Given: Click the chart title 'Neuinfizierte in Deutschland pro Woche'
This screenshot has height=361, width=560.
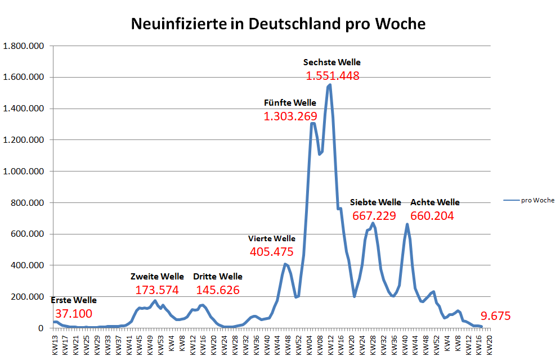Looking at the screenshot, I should (x=278, y=25).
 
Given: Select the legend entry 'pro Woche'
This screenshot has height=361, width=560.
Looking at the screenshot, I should (x=537, y=200).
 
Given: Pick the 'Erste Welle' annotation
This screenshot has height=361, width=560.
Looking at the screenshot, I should (x=74, y=300).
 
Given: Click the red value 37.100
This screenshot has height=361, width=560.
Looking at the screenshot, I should (x=74, y=314).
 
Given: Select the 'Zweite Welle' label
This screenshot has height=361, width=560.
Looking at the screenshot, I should (x=157, y=277).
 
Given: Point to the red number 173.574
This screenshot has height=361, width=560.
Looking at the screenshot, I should (x=157, y=290).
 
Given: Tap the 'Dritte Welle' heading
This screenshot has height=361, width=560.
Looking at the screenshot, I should (x=218, y=277).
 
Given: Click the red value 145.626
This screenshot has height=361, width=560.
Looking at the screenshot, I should (x=218, y=290).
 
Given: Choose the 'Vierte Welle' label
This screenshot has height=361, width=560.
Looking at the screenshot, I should (x=272, y=238).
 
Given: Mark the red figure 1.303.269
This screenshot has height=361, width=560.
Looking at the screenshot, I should (x=290, y=116).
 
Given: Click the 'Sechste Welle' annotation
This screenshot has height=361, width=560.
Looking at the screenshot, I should (x=332, y=62).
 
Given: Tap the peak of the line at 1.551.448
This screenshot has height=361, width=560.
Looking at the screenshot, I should (x=329, y=85).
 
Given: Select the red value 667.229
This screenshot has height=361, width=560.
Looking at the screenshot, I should (x=374, y=216).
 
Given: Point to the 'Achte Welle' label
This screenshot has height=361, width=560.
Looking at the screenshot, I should (x=435, y=202).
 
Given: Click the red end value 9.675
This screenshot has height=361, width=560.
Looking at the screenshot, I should (x=496, y=316).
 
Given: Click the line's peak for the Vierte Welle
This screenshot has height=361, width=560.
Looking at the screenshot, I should (x=285, y=264).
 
